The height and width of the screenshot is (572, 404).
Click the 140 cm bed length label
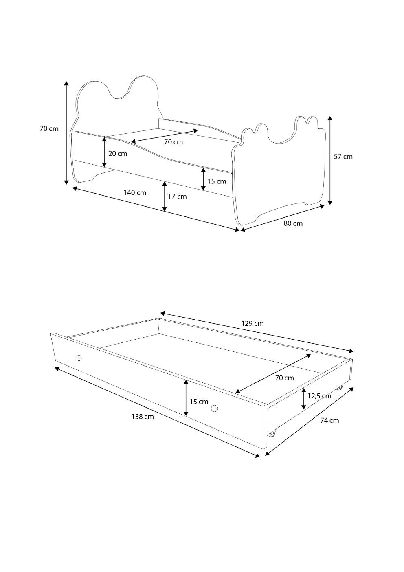click(x=135, y=192)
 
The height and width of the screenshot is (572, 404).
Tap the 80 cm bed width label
click(x=293, y=223)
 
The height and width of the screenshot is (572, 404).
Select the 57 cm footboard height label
click(x=343, y=157)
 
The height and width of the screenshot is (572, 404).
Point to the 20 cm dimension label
click(x=118, y=154)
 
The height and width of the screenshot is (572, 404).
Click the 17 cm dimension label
click(x=177, y=197)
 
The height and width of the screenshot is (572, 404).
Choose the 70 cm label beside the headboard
click(x=49, y=129)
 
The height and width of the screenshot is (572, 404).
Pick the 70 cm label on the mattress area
click(x=173, y=142)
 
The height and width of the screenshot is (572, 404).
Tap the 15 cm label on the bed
click(x=217, y=181)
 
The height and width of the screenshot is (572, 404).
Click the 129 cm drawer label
click(x=253, y=323)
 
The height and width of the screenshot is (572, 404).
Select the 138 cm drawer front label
click(x=143, y=417)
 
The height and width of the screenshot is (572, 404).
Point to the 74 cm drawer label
click(x=329, y=420)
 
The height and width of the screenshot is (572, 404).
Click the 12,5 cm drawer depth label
click(x=319, y=396)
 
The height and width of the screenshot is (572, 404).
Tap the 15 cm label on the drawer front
click(x=199, y=402)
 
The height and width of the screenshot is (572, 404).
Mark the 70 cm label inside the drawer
click(x=284, y=378)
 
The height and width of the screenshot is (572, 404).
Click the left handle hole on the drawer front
click(x=79, y=358)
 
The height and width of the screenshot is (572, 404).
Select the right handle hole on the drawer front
click(x=215, y=408)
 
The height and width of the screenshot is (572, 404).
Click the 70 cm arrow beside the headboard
click(x=66, y=133)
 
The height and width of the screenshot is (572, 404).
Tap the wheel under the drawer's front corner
click(x=272, y=433)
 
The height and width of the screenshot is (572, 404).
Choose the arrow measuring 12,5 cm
click(x=304, y=398)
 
